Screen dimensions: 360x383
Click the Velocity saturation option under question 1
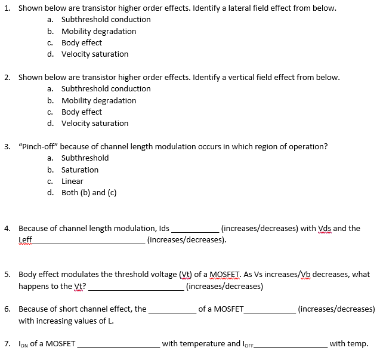(x=94, y=54)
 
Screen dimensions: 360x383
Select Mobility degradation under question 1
(x=98, y=31)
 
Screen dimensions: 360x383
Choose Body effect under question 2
(x=81, y=112)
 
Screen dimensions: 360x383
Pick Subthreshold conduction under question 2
(x=106, y=89)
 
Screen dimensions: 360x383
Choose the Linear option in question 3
(x=72, y=181)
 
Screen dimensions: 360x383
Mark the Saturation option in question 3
(x=80, y=170)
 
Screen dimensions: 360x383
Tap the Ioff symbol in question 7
(x=250, y=344)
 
